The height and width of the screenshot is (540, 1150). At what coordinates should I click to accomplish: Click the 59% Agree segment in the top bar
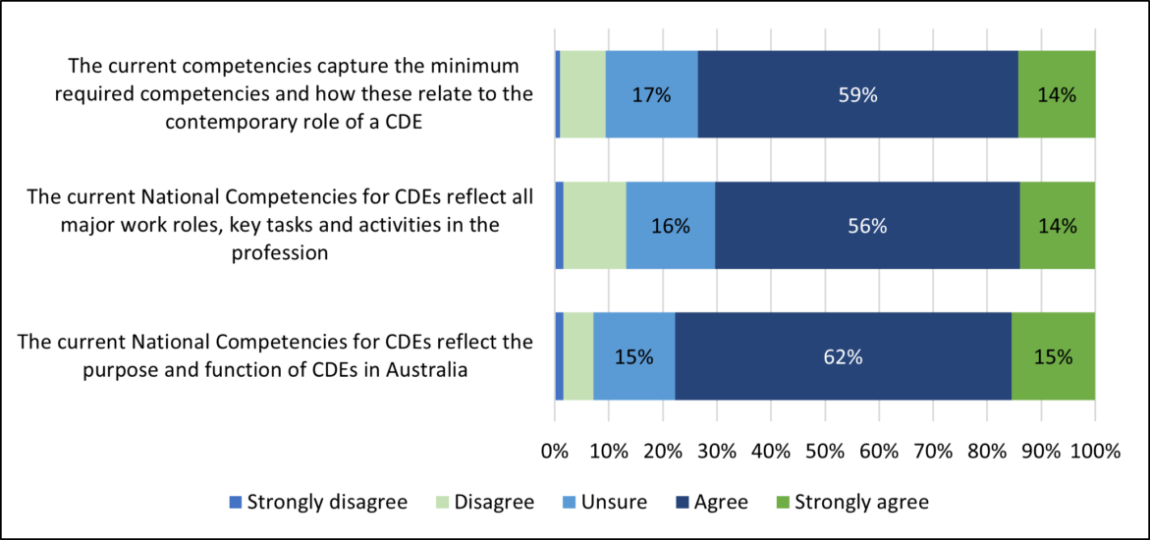857,95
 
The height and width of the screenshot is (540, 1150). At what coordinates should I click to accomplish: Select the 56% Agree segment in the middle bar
867,226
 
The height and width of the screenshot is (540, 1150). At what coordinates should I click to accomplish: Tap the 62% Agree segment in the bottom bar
843,357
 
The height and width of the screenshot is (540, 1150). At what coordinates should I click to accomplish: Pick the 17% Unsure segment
651,95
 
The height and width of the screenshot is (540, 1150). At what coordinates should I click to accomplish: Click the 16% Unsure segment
671,226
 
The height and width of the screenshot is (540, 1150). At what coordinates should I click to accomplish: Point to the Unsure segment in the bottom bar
633,357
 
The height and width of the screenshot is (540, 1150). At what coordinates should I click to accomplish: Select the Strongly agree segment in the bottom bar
1053,357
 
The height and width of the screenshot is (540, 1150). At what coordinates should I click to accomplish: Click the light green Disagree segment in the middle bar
594,226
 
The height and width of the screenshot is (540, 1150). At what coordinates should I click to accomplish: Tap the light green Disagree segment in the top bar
582,95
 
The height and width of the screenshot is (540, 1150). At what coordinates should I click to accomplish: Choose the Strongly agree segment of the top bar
1057,95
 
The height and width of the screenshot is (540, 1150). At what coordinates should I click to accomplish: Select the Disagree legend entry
484,502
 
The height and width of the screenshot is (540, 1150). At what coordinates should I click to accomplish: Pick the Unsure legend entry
604,502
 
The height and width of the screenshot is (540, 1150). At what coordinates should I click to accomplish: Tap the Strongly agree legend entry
851,502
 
